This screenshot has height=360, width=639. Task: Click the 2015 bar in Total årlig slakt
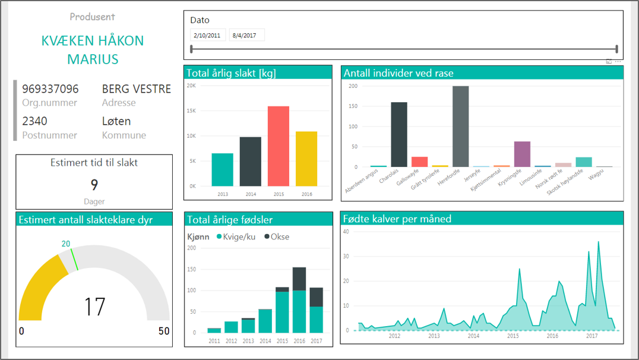[278, 146]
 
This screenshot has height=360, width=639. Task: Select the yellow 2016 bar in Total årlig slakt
[306, 159]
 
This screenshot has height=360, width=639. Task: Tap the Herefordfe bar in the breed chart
[460, 127]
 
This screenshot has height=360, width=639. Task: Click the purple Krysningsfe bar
[522, 154]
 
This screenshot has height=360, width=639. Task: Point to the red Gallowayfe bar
[420, 162]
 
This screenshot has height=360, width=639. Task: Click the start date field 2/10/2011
[207, 35]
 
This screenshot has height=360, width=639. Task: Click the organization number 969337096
[50, 89]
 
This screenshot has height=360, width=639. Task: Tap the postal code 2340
[35, 121]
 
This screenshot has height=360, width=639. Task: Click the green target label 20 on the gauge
[66, 244]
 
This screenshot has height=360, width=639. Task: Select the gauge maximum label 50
[164, 331]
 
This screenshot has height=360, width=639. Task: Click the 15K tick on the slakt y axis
[191, 110]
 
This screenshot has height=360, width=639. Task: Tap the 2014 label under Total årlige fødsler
[265, 341]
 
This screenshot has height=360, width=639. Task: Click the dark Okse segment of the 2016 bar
[299, 279]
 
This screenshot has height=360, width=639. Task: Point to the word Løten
[116, 121]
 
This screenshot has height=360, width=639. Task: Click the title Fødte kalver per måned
[397, 219]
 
